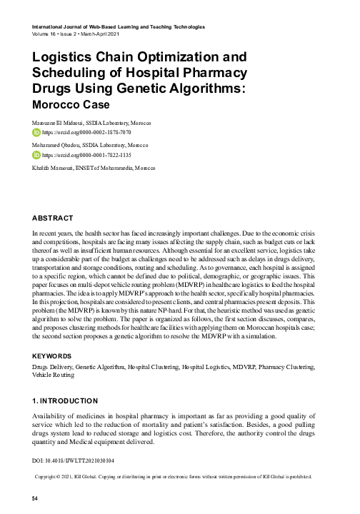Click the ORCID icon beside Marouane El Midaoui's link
37,132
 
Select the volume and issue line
74,33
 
